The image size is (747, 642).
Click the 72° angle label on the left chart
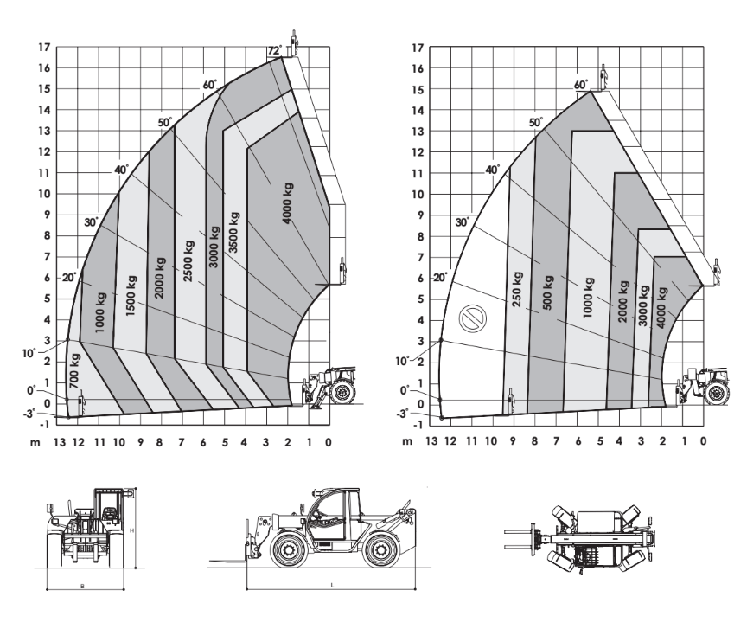[x=275, y=50]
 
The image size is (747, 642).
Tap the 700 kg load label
[x=74, y=371]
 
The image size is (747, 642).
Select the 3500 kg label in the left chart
[x=233, y=232]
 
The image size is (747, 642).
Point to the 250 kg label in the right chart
[x=517, y=289]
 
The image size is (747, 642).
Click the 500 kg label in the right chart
[x=548, y=292]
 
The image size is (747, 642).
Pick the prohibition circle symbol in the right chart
[x=473, y=319]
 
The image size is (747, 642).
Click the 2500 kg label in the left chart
[x=188, y=260]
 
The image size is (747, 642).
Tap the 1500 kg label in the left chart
[x=131, y=296]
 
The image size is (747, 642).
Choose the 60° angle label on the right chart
[x=581, y=85]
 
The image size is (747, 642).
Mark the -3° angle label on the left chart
[x=29, y=414]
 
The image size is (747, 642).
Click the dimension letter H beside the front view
[x=132, y=530]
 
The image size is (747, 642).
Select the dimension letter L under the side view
[x=333, y=585]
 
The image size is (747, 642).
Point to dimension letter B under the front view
[x=82, y=586]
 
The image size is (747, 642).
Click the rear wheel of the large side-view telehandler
[x=380, y=550]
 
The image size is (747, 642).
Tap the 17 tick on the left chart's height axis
[x=44, y=48]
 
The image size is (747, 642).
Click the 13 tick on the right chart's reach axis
[x=431, y=441]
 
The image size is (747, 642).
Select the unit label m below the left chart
[x=35, y=443]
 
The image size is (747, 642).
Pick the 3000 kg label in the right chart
[x=643, y=305]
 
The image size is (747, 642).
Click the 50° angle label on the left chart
[x=165, y=123]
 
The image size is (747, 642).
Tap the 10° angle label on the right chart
[x=402, y=362]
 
